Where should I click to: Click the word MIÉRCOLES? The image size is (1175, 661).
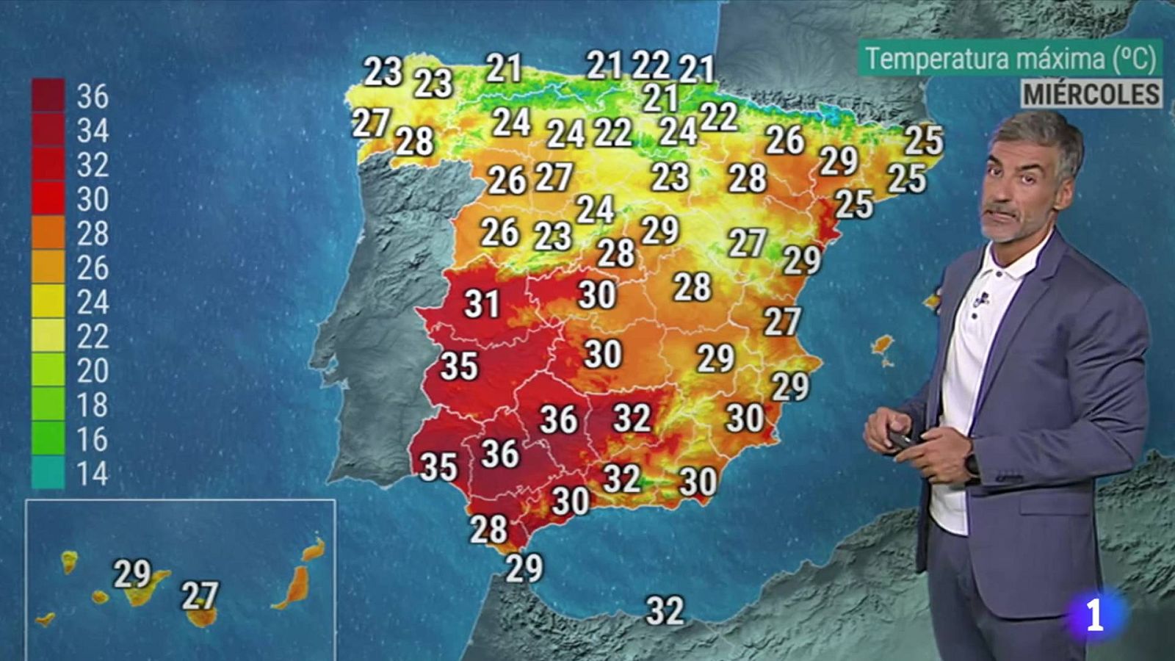click(1092, 94)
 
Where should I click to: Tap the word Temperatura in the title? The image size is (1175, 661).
click(922, 58)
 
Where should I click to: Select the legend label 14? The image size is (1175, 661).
click(93, 474)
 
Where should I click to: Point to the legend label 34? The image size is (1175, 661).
click(93, 131)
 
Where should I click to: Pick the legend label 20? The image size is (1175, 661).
click(93, 371)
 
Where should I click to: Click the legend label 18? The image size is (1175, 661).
click(93, 405)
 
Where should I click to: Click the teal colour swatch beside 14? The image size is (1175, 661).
click(48, 474)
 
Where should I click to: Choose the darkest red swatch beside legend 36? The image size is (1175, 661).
click(48, 95)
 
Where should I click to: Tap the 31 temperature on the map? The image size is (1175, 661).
click(482, 304)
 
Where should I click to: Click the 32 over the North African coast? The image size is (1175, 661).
click(665, 611)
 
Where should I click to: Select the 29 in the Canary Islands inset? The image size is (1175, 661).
click(132, 574)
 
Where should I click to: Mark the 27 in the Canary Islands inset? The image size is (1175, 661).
click(200, 596)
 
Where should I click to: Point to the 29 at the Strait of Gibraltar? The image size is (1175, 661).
click(524, 568)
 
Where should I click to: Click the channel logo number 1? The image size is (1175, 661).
click(1094, 615)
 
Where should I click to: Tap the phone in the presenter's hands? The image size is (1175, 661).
click(902, 438)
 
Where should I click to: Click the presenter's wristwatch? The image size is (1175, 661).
click(972, 465)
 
